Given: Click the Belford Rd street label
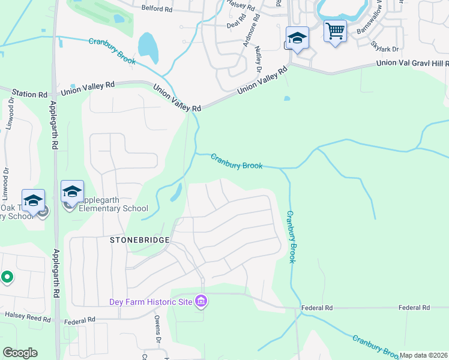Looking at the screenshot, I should (x=157, y=9).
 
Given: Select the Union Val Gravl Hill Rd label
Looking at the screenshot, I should (x=412, y=64).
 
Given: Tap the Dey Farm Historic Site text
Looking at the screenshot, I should (x=151, y=302).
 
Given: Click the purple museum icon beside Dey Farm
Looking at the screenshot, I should (x=201, y=301).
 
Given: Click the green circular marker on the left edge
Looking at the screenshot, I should (x=7, y=277).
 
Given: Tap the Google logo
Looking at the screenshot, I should (x=20, y=353).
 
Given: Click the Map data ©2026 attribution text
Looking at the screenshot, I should (x=423, y=356).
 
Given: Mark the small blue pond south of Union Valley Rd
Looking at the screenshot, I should (x=287, y=98).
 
